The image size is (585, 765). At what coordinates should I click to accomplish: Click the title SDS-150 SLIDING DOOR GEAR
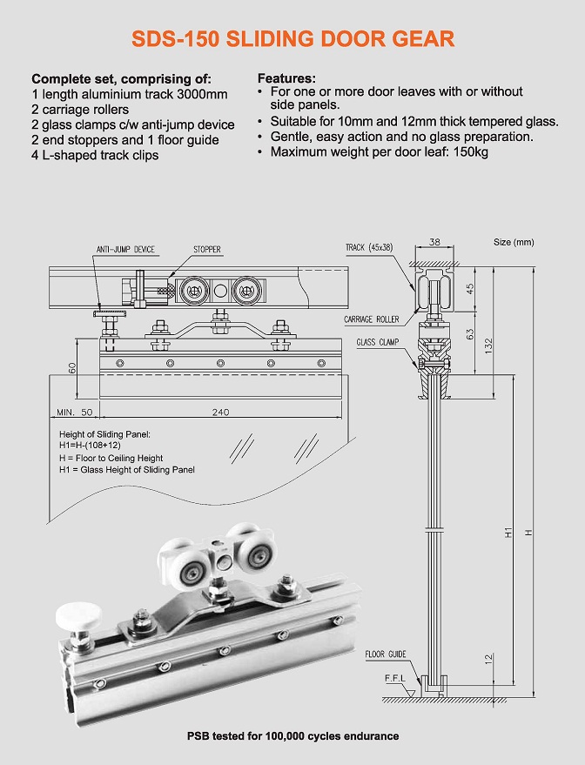pos(292,38)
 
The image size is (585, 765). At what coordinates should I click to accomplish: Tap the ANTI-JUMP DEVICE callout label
pos(125,250)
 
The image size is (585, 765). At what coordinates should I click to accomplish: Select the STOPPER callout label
pos(207,250)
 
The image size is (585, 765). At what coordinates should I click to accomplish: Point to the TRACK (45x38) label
pos(369,248)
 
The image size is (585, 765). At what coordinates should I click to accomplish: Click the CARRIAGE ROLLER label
pos(371,319)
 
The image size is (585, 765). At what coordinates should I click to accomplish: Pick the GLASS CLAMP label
pos(377,342)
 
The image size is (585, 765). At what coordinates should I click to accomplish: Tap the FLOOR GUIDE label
pos(386,654)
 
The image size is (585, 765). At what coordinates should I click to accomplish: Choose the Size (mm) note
pos(514,242)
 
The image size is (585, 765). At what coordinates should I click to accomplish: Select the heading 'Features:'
pos(286,78)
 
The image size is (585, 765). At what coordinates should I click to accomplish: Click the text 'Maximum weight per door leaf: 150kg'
pos(379,151)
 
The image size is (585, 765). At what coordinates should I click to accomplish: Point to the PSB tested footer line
pos(292,736)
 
